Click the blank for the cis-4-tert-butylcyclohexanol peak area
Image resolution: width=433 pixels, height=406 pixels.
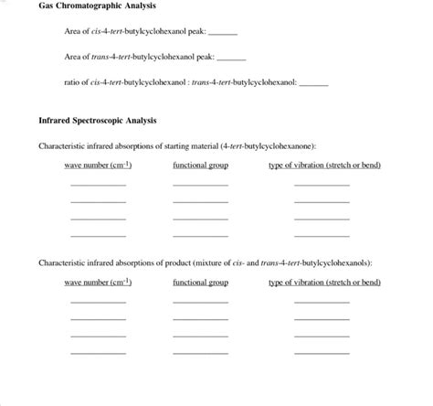[223, 34]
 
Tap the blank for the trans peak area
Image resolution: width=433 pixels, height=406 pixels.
[231, 59]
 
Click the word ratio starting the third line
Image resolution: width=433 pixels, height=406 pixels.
[73, 82]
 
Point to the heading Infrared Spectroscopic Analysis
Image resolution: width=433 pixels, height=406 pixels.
[98, 121]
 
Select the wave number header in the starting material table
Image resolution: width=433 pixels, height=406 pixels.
[98, 166]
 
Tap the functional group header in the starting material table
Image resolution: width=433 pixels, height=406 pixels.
[200, 166]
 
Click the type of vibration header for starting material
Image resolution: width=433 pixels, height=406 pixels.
[324, 166]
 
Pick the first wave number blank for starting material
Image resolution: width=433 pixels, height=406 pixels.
[98, 185]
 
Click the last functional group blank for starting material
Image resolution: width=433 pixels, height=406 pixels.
[200, 235]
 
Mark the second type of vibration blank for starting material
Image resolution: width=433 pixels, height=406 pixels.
[322, 201]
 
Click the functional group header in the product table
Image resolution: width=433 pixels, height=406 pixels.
[200, 283]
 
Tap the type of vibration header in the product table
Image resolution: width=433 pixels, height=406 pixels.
[324, 283]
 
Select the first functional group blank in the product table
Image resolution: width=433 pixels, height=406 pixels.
[200, 302]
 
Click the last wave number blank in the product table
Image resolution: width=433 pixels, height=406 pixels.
[98, 352]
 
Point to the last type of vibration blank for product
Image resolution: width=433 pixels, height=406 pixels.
[322, 352]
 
